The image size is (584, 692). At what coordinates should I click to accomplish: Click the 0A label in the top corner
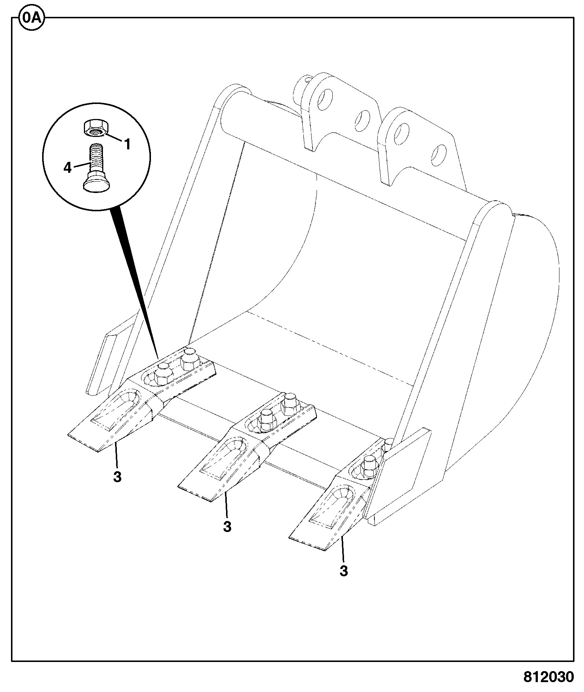32,18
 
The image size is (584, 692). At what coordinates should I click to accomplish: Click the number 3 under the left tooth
117,477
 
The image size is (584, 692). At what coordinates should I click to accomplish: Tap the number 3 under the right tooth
344,571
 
